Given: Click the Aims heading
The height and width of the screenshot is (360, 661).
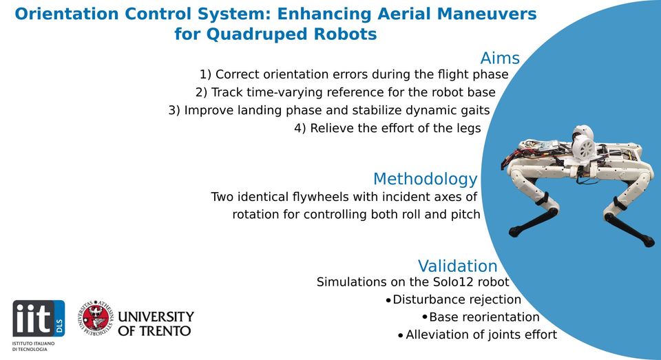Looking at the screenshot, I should (499, 58).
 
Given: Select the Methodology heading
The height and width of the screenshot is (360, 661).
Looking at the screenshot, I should (425, 179).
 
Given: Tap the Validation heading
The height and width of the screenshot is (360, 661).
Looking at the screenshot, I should (457, 266).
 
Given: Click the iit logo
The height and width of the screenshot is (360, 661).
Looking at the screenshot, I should (38, 318).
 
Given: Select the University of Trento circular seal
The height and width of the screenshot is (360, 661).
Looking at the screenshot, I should (95, 318).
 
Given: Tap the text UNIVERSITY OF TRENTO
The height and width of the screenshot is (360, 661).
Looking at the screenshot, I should (156, 324).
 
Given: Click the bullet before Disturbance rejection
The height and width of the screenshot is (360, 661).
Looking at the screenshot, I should (388, 300).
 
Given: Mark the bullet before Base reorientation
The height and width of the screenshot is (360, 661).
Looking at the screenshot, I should (424, 317).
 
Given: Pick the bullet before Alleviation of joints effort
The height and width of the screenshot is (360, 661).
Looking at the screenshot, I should (401, 335).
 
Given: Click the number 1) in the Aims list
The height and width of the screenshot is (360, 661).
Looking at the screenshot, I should (205, 74).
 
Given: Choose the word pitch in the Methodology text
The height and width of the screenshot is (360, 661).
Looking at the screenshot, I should (465, 214).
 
